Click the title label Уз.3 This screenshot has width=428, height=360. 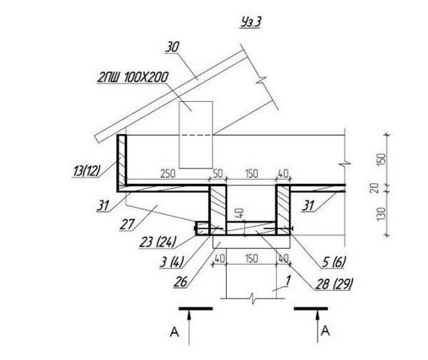251,22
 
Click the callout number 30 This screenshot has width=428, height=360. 173,47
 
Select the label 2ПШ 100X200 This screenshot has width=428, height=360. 133,77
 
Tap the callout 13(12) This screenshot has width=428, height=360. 87,171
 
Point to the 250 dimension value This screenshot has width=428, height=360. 167,173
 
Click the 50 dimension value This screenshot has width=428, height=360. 218,173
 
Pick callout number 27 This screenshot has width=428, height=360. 128,224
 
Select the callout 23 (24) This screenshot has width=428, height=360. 158,242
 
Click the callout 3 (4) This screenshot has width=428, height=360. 172,262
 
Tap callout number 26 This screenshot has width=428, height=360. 181,282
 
